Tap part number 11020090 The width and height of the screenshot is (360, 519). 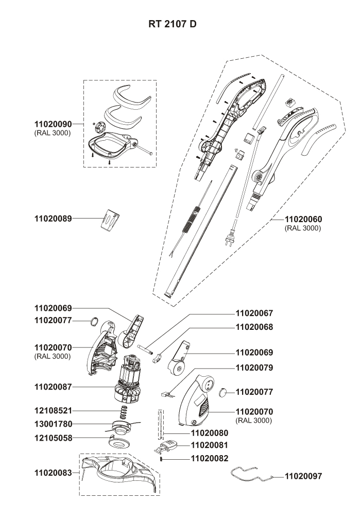point(53,124)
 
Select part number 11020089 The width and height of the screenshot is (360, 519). point(53,218)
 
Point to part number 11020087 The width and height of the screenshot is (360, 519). point(53,386)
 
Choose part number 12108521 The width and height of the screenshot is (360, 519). point(53,411)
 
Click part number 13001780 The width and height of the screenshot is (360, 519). point(53,424)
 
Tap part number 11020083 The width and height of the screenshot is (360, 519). point(53,472)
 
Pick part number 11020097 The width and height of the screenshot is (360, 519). point(304,477)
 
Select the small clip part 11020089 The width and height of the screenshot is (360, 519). point(110,220)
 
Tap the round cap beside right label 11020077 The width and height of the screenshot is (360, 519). point(224,392)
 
